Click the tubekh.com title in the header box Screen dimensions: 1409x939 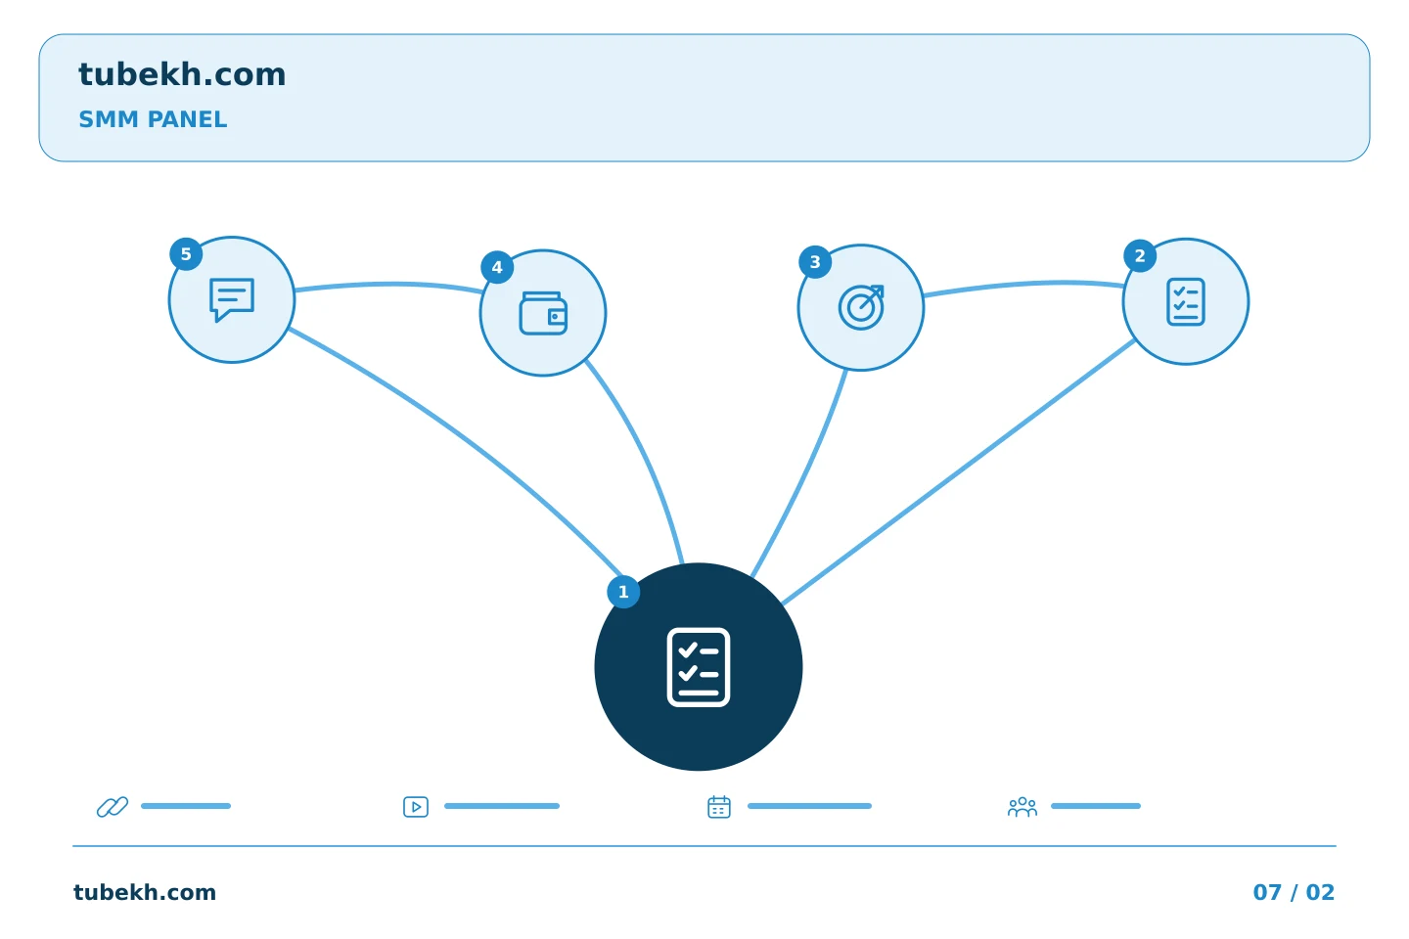[x=182, y=75]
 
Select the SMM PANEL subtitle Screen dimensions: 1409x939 [x=153, y=119]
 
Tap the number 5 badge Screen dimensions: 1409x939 [x=186, y=254]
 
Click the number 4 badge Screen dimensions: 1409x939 [x=497, y=267]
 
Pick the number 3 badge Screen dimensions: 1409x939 [x=815, y=261]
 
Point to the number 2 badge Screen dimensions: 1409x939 [x=1140, y=256]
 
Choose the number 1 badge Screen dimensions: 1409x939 [x=623, y=592]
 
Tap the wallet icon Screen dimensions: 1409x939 [x=543, y=313]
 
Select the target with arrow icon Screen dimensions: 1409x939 [x=861, y=307]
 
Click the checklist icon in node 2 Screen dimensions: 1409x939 [x=1186, y=302]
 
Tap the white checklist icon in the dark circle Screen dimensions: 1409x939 [x=699, y=667]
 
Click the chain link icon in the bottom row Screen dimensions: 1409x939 [x=113, y=806]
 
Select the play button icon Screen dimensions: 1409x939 [x=416, y=806]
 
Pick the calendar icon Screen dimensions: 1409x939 [x=719, y=806]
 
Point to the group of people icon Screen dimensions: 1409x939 [x=1023, y=806]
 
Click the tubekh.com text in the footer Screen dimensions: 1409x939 [x=145, y=892]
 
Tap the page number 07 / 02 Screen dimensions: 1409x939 [x=1294, y=892]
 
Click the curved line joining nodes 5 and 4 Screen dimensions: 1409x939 [x=388, y=285]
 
